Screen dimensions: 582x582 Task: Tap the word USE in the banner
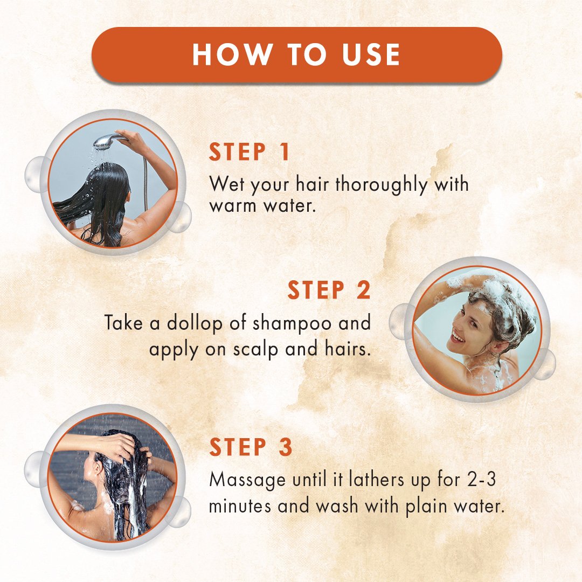pos(371,54)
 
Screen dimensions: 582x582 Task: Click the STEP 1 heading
pos(249,151)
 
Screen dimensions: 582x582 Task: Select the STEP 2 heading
pos(329,290)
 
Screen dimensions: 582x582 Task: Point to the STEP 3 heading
pos(251,447)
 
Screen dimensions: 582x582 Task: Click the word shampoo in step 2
pos(292,323)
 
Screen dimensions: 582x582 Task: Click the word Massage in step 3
pos(247,480)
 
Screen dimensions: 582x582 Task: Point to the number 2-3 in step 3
pos(481,480)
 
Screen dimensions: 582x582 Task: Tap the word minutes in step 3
pos(240,506)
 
